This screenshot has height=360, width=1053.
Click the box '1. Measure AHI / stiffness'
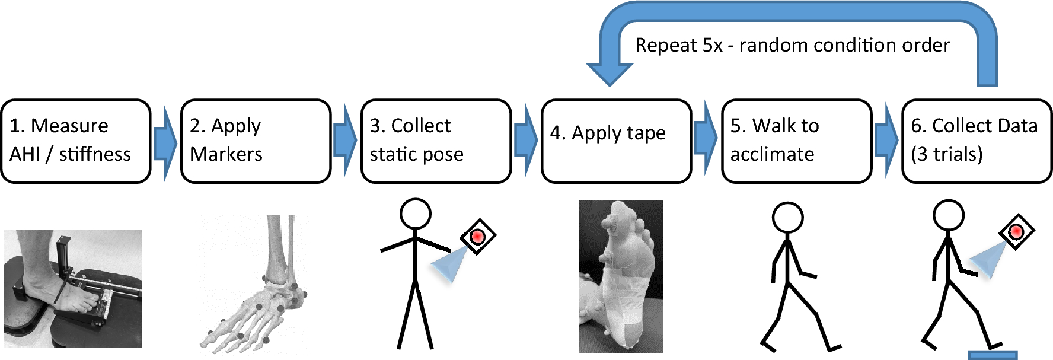[75, 141]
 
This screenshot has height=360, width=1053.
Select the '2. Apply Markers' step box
[256, 141]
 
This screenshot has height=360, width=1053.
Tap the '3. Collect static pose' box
[436, 141]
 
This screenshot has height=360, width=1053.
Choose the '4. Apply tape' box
[616, 141]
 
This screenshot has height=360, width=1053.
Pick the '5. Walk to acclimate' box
[796, 141]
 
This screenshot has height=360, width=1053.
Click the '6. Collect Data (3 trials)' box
[977, 141]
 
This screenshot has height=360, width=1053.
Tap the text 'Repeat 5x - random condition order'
[792, 45]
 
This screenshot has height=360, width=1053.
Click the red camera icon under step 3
[478, 237]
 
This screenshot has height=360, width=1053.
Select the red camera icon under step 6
[1016, 231]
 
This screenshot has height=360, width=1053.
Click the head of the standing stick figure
[415, 214]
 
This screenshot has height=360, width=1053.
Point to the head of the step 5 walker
[788, 217]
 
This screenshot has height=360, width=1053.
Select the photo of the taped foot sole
[620, 276]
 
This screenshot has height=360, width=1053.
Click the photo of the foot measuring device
[73, 288]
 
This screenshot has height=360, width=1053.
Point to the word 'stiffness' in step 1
[95, 155]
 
